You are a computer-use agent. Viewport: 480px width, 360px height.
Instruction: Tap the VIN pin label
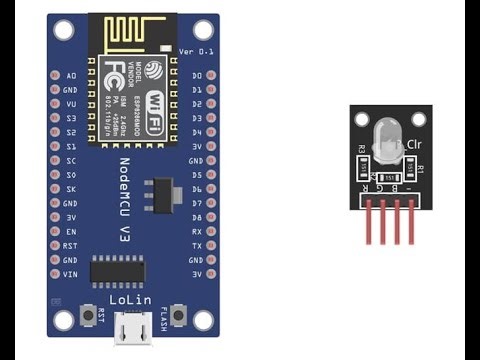point(70,273)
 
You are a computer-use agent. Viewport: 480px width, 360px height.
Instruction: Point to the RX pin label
point(197,231)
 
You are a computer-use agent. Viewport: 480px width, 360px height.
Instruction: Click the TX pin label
point(197,245)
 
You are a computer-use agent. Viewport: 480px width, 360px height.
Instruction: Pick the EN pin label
point(70,231)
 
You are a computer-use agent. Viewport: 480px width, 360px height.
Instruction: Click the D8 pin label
point(197,217)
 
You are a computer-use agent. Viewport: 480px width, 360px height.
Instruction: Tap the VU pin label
point(70,104)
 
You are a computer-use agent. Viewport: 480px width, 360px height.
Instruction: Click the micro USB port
point(133,328)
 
